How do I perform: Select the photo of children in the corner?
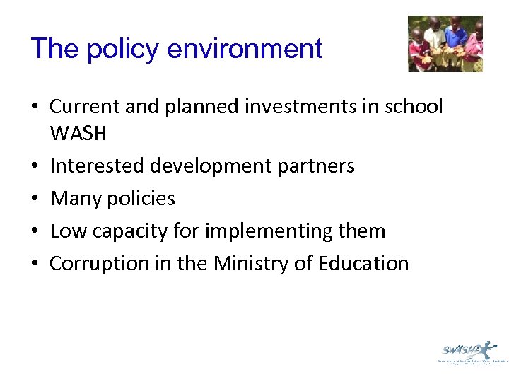445,44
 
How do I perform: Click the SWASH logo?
467,351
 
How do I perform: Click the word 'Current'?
82,107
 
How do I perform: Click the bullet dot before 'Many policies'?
35,199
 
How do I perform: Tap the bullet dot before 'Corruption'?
35,264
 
